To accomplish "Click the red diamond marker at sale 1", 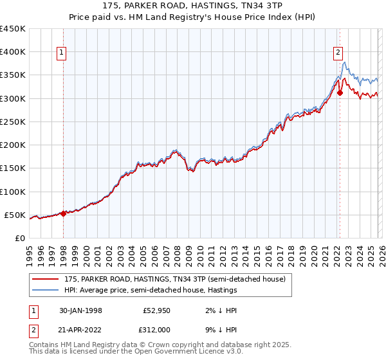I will (63, 213).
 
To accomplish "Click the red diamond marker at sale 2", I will (340, 93).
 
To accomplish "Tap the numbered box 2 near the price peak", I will (338, 53).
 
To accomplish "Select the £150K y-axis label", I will (13, 168).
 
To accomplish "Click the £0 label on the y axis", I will (21, 238).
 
